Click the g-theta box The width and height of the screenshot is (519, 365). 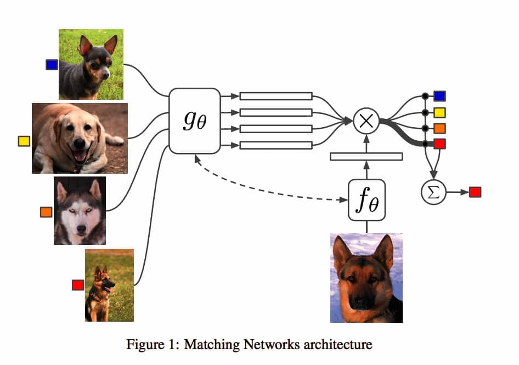pos(194,121)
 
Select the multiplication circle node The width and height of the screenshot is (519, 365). pos(366,121)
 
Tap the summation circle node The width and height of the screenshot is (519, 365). pos(433,192)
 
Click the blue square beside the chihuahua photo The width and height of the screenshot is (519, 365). pos(52,65)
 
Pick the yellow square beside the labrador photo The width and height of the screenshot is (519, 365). pos(24,141)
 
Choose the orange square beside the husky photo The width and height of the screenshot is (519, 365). pos(46,212)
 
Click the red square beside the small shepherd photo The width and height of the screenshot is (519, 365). pos(78,284)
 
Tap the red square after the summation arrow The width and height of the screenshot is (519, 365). pos(475,192)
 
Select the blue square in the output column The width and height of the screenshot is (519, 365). pos(439,96)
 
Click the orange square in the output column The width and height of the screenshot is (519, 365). pos(439,128)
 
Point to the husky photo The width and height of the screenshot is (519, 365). pos(80,210)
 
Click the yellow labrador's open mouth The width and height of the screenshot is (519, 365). pos(80,157)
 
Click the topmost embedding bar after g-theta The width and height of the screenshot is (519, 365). pos(276,96)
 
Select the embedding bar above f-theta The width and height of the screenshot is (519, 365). pos(366,157)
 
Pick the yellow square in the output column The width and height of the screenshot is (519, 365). pos(439,113)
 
